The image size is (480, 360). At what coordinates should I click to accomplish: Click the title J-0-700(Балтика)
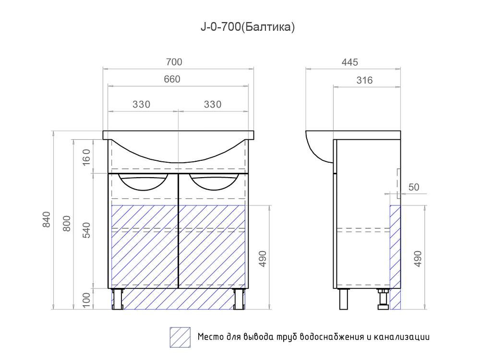[x=248, y=27]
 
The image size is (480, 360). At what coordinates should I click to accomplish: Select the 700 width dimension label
[x=174, y=62]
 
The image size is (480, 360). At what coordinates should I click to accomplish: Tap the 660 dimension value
[x=172, y=79]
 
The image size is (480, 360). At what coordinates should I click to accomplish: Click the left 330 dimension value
[x=142, y=104]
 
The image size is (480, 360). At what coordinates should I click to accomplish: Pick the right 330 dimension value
[x=213, y=104]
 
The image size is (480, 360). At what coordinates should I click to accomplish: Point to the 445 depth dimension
[x=349, y=62]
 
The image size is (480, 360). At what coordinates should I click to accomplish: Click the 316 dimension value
[x=365, y=81]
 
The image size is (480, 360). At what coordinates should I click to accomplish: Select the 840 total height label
[x=46, y=219]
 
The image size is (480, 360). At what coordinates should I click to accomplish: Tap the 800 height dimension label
[x=67, y=224]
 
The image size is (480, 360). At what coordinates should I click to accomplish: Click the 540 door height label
[x=86, y=230]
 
